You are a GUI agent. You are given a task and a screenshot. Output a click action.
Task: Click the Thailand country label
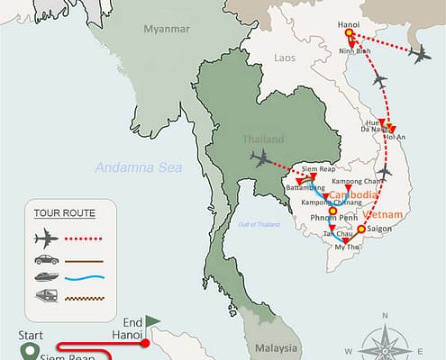pos(262,139)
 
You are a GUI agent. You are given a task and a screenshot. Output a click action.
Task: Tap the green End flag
pos(151,319)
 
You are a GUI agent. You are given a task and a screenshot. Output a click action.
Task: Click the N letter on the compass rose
pos(384,316)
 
